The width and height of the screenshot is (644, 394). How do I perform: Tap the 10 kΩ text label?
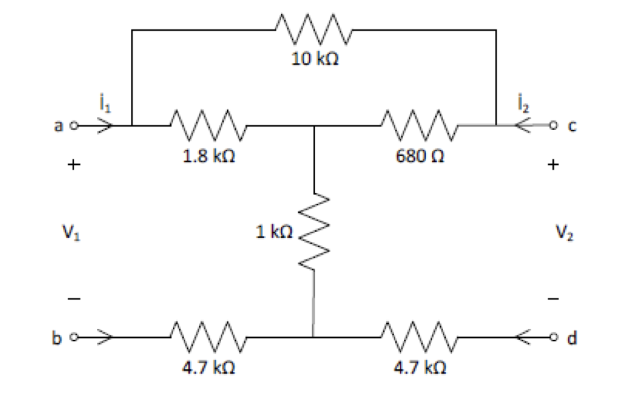pyautogui.click(x=314, y=60)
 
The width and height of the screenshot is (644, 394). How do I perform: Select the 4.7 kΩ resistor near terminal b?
pyautogui.click(x=209, y=337)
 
